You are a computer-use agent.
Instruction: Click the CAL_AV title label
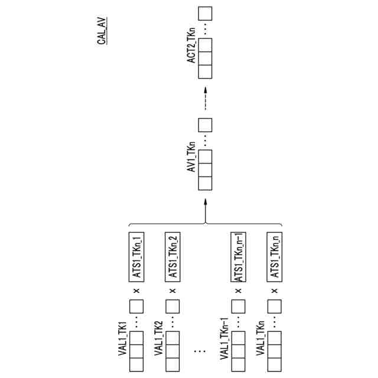pyautogui.click(x=102, y=32)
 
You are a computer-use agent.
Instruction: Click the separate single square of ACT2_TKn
pyautogui.click(x=205, y=13)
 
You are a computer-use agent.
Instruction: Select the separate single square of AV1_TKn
pyautogui.click(x=205, y=125)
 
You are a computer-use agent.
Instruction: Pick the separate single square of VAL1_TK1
pyautogui.click(x=137, y=307)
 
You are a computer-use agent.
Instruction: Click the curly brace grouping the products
pyautogui.click(x=204, y=225)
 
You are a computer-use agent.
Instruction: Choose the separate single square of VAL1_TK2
pyautogui.click(x=173, y=307)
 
